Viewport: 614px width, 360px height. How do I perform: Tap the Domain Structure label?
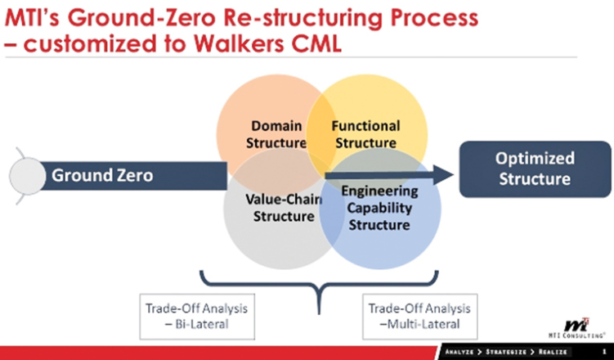pyautogui.click(x=277, y=135)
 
